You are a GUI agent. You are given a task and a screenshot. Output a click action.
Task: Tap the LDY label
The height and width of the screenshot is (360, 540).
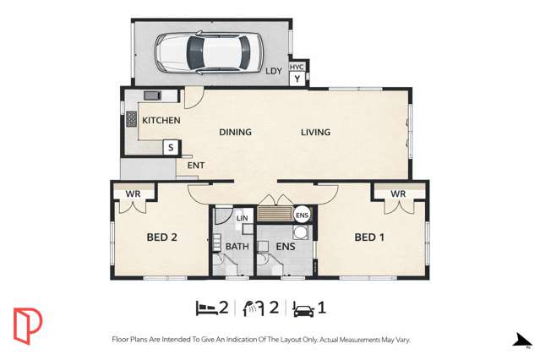tap(274, 72)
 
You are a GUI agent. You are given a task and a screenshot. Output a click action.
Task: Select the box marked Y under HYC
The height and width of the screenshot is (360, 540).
tap(297, 79)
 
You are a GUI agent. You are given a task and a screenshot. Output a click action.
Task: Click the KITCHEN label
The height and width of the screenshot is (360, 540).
tap(161, 121)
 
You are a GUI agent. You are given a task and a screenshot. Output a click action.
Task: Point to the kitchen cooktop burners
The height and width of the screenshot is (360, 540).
tap(132, 120)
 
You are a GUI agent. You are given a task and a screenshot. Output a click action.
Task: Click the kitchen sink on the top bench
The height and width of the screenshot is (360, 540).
tap(153, 95)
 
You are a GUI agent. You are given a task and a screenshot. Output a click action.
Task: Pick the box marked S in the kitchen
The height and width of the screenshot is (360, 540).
tap(171, 148)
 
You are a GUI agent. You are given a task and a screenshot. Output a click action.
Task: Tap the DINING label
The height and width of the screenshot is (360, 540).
tap(236, 132)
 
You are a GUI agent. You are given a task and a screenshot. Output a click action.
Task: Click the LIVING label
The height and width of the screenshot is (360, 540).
tap(316, 132)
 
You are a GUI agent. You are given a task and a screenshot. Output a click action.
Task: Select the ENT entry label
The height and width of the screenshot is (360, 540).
tap(196, 166)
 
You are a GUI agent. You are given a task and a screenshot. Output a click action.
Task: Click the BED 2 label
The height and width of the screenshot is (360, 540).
tap(161, 237)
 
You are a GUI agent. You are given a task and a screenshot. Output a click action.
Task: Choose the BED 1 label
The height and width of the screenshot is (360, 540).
tap(369, 237)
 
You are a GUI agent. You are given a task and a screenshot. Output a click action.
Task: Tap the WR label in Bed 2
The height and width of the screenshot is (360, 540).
tap(133, 194)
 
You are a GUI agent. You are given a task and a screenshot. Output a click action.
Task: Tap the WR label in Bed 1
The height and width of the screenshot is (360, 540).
tap(399, 194)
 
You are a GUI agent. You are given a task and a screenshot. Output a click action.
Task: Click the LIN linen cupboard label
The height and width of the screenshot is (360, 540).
tap(243, 219)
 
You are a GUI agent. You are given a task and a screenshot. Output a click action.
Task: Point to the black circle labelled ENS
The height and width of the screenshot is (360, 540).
tap(302, 215)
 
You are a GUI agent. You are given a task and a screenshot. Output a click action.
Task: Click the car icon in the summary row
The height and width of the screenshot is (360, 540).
tap(303, 308)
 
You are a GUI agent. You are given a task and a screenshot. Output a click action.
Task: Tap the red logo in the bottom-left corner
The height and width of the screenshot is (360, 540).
tap(27, 325)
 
